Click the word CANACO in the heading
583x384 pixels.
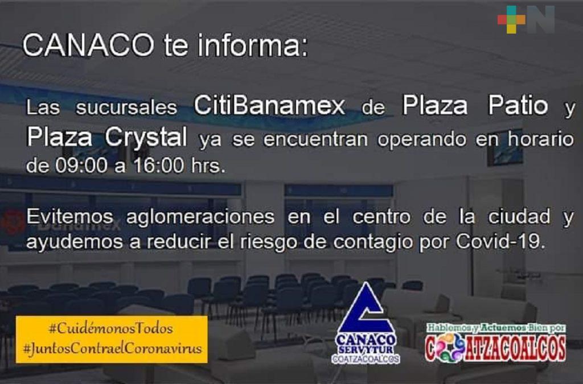tap(88, 46)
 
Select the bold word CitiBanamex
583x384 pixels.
tap(269, 106)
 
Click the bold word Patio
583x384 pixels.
tap(518, 105)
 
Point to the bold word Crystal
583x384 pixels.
tap(146, 138)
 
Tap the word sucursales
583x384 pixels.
tap(126, 108)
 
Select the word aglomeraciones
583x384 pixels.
tap(200, 217)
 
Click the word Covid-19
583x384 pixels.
tap(500, 242)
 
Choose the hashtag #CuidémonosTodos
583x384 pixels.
tap(111, 329)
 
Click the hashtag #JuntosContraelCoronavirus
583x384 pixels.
tap(112, 349)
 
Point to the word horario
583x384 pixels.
tap(541, 139)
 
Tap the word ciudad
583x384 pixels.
tap(519, 217)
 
